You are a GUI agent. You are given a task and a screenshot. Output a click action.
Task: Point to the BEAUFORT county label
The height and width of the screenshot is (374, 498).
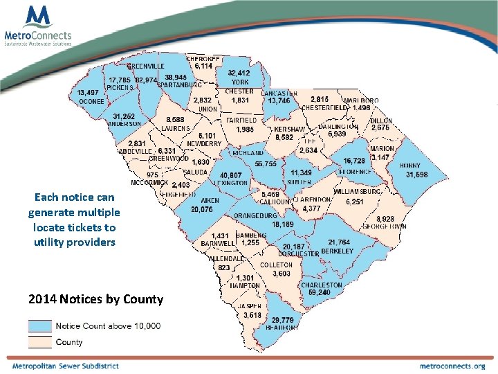[282, 328]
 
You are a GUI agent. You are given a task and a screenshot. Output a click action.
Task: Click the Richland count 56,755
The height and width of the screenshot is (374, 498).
[265, 163]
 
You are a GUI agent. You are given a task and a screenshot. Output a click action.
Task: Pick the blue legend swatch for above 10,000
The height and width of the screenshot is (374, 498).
[40, 326]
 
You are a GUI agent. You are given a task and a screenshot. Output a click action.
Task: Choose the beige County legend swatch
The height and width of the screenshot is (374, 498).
[40, 341]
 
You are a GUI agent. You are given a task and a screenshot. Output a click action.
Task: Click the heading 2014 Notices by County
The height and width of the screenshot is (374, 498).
[96, 299]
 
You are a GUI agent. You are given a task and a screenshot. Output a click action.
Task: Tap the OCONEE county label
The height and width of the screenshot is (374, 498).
[91, 101]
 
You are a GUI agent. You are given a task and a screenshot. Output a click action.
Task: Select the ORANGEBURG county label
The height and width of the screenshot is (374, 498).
[255, 215]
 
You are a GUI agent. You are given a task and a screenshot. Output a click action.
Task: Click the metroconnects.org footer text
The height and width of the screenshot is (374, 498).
[452, 366]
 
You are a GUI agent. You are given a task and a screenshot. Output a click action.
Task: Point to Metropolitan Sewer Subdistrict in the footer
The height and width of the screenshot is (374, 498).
[65, 366]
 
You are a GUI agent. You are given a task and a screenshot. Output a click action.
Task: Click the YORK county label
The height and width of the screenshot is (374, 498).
[240, 82]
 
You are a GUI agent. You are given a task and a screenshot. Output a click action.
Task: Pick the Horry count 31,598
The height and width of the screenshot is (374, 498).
[416, 174]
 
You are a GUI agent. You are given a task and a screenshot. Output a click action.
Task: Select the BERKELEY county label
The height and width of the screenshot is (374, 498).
[338, 251]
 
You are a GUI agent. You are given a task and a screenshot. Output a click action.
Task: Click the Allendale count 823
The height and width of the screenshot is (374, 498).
[224, 267]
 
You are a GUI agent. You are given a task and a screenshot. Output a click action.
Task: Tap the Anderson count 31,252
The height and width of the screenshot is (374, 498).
[124, 116]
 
